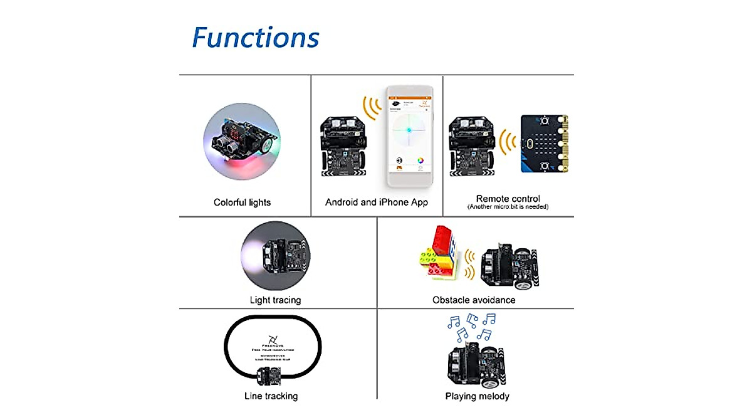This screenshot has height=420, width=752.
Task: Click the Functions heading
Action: tap(255, 38)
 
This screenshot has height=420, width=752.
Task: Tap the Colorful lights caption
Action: tap(242, 202)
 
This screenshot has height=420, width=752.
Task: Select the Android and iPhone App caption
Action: tap(377, 202)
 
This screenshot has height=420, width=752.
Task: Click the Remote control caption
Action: tap(508, 199)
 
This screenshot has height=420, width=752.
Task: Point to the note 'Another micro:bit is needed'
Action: tap(508, 207)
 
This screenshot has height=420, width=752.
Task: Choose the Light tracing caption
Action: tap(275, 300)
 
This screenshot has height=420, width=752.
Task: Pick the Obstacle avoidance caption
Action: tap(474, 300)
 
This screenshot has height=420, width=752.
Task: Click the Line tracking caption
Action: tap(271, 396)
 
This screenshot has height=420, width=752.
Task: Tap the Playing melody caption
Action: tap(477, 396)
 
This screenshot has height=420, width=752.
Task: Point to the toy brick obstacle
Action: tap(439, 253)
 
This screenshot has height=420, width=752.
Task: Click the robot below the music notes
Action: tap(476, 367)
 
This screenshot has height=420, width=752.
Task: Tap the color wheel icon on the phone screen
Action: tap(420, 160)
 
